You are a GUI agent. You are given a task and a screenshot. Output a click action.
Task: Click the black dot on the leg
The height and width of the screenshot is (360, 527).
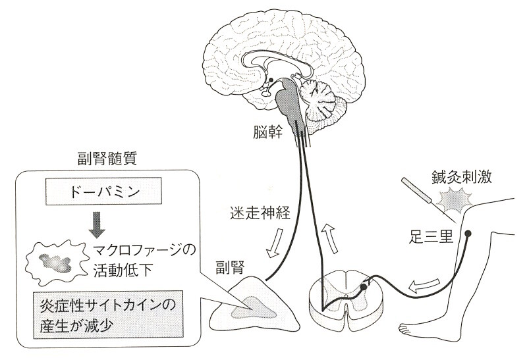point(468,234)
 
